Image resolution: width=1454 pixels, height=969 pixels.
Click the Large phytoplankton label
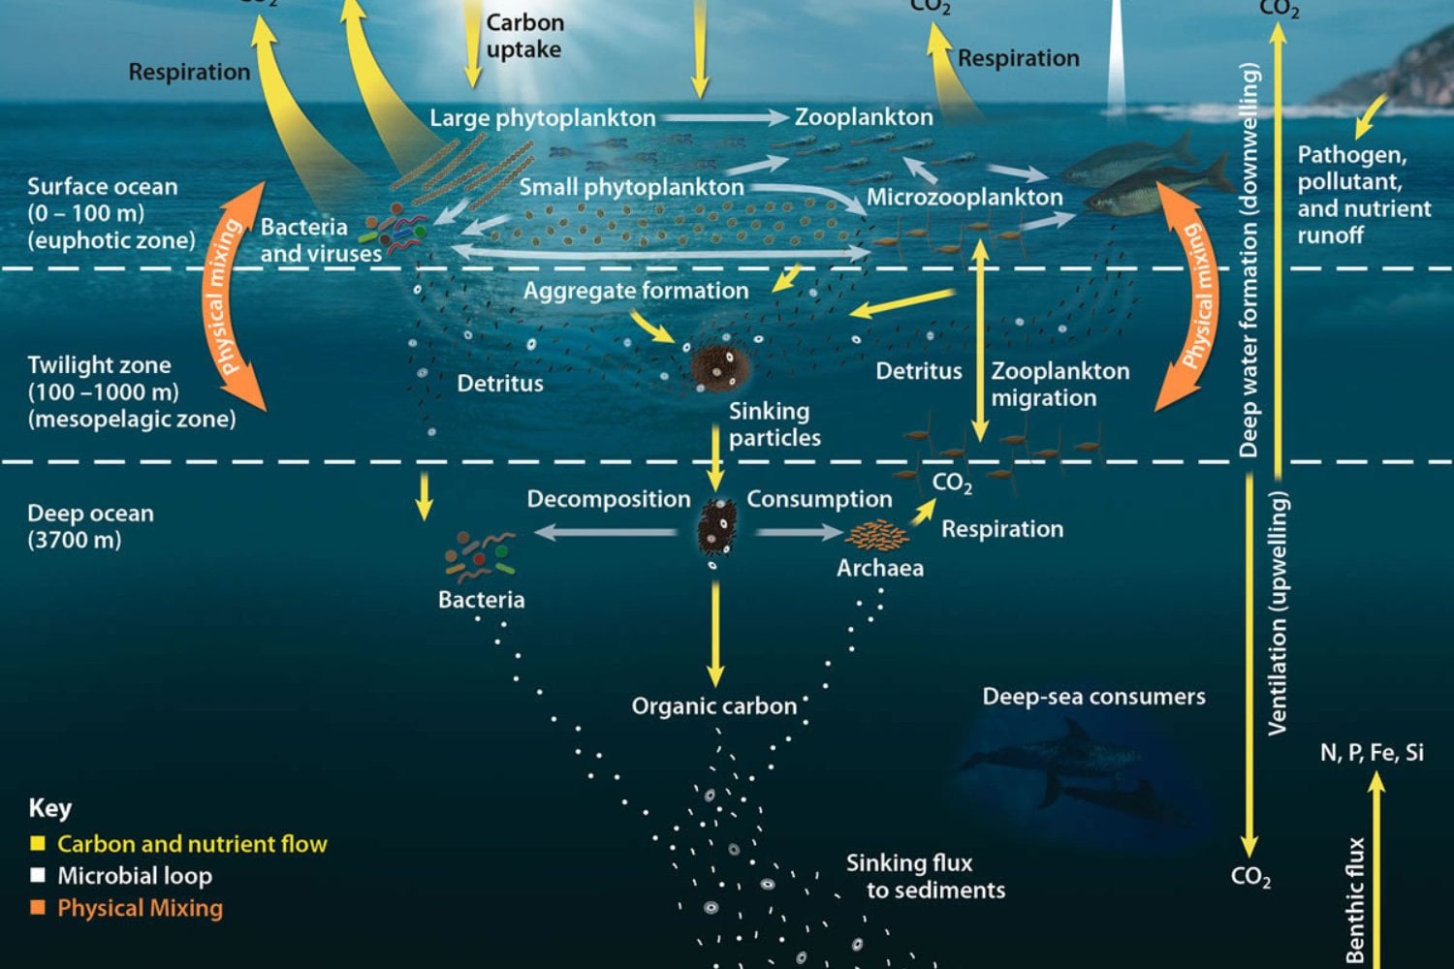coord(543,119)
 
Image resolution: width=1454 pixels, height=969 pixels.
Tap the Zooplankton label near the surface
coord(864,117)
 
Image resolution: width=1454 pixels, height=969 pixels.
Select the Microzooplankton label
coord(964,198)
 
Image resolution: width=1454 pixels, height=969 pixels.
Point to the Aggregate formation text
coord(636,291)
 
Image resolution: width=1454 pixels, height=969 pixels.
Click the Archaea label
coord(879,569)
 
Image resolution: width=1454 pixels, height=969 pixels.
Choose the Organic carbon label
coord(714,706)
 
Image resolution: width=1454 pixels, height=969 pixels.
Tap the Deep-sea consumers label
coord(1093,697)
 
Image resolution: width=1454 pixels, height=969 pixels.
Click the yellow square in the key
coord(38,843)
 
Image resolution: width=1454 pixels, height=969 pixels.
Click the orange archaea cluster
coord(876,536)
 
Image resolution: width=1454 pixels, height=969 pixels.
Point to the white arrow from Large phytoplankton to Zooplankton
coord(725,117)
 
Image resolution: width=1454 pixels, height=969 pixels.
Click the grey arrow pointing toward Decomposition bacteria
coord(606,533)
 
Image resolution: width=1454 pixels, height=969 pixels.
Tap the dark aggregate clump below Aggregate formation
coord(720,368)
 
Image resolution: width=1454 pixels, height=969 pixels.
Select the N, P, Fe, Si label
coord(1372,753)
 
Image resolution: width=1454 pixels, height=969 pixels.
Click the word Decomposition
coord(609,499)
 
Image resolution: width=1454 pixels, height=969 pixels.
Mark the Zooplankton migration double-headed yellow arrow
coord(980,341)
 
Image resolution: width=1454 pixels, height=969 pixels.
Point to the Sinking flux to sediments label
coord(926,877)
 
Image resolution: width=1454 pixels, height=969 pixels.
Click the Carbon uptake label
coord(525,36)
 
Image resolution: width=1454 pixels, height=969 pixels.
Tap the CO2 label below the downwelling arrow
coord(1250,877)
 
